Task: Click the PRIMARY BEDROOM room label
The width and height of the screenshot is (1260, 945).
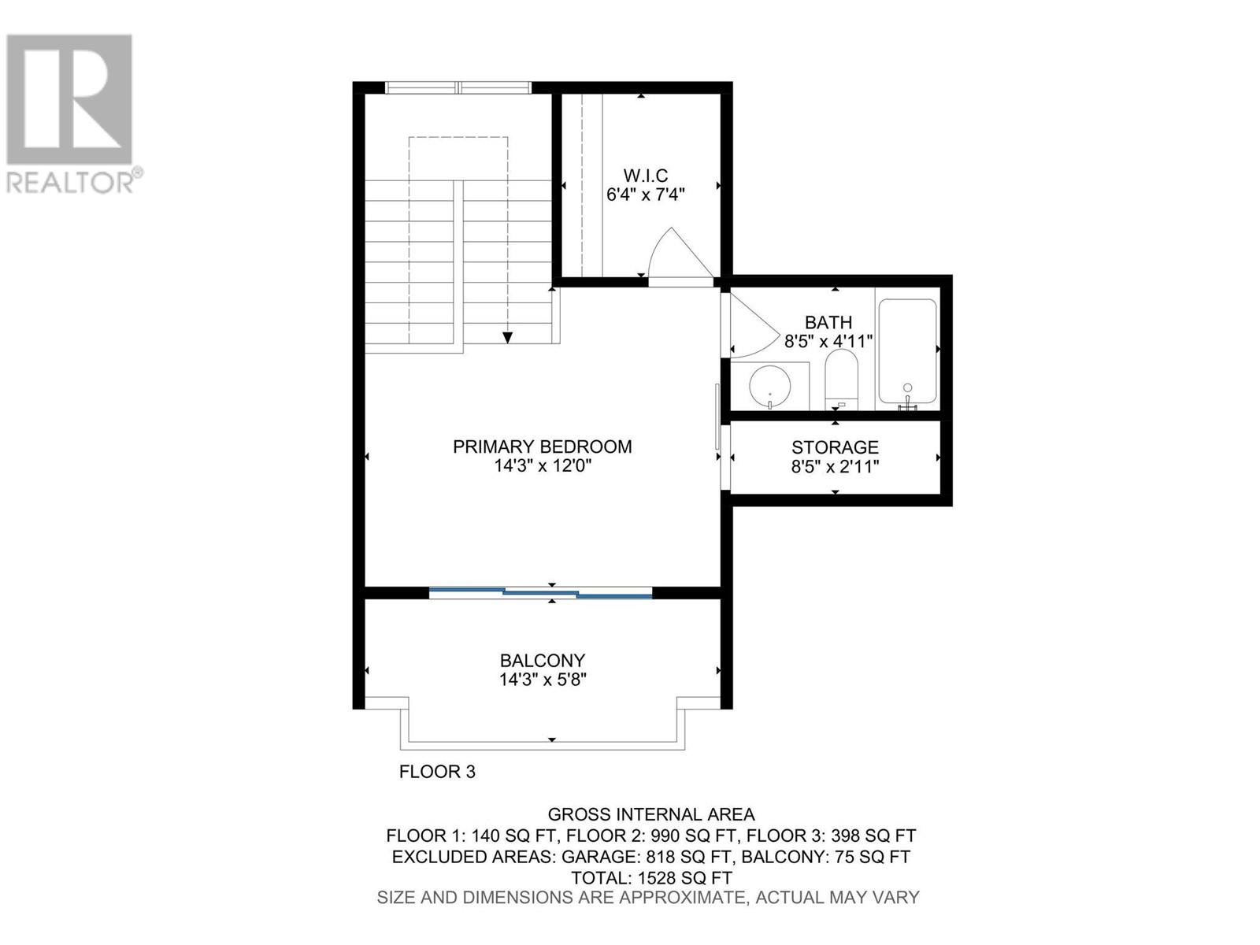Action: pyautogui.click(x=542, y=447)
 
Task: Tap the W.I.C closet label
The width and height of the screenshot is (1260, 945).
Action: pyautogui.click(x=645, y=175)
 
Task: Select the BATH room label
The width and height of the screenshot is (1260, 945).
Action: pyautogui.click(x=828, y=322)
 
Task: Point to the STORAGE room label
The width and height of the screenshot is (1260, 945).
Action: pyautogui.click(x=835, y=447)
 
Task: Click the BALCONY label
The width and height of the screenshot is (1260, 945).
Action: pyautogui.click(x=543, y=660)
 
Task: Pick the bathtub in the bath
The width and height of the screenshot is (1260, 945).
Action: pyautogui.click(x=907, y=353)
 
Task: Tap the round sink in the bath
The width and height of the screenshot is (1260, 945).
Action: pyautogui.click(x=769, y=387)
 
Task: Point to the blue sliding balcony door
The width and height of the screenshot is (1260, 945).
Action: pyautogui.click(x=541, y=591)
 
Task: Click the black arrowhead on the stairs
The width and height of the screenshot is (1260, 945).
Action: pyautogui.click(x=508, y=337)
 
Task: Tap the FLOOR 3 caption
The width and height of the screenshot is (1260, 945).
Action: pyautogui.click(x=437, y=772)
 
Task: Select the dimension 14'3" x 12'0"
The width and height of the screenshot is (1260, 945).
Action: pyautogui.click(x=542, y=466)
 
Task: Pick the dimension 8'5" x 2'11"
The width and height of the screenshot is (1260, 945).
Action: pyautogui.click(x=835, y=466)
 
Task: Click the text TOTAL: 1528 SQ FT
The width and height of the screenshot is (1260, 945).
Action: pyautogui.click(x=651, y=877)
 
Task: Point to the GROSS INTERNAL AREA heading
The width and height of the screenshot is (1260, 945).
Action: pyautogui.click(x=651, y=814)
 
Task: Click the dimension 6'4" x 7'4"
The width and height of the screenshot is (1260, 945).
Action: pyautogui.click(x=645, y=195)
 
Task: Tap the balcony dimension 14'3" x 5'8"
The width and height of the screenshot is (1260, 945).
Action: pyautogui.click(x=543, y=680)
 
